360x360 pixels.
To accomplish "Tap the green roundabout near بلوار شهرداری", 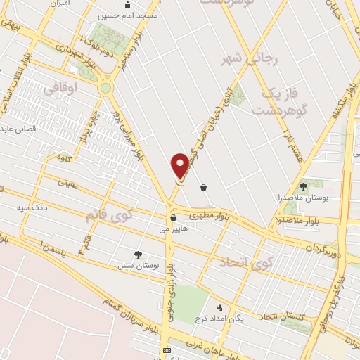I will (x=106, y=89).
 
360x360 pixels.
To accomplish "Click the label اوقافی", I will (x=60, y=89).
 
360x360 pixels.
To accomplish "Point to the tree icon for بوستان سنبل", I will (x=138, y=255).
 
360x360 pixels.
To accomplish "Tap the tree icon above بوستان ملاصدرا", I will (x=303, y=186).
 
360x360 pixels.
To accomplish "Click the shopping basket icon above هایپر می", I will (x=173, y=218).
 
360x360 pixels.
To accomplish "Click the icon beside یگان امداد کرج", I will (x=220, y=307).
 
